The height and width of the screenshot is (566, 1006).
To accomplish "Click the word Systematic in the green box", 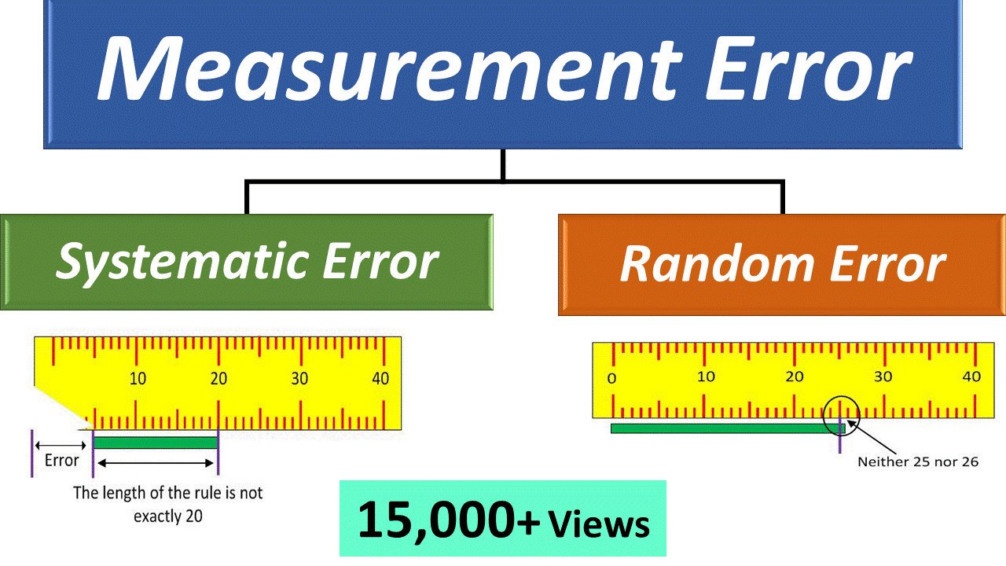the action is coord(182,263).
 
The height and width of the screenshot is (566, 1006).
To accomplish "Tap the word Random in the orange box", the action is coord(718,264).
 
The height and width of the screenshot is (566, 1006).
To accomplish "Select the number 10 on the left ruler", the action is coord(138,379).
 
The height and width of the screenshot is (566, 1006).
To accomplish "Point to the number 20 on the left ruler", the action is coord(218,379).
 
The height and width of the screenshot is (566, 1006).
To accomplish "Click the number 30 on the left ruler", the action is coord(299,379).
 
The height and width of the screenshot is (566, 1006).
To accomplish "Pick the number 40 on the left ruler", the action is coord(380,379).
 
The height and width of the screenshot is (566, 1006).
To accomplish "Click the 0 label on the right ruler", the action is coord(611,379).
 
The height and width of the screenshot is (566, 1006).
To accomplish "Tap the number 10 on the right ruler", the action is coord(706,377).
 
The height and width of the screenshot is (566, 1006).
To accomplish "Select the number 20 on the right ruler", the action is coord(795,377).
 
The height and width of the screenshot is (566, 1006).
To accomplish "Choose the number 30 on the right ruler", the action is coord(883,377).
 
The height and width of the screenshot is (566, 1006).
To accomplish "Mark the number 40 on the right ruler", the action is coord(971,377).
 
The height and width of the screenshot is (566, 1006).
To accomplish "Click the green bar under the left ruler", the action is coord(156,443).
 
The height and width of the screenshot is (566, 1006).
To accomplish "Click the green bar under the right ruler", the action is coord(728,428).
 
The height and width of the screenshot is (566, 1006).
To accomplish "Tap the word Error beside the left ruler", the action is coord(61,461).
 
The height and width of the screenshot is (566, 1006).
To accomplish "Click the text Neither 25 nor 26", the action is coord(918,461).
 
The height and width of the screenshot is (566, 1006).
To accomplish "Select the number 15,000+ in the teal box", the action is coord(449,520).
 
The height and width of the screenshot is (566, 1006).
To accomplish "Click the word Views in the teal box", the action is coord(599,524).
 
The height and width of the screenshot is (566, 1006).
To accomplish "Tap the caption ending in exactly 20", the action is coord(168,505).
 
